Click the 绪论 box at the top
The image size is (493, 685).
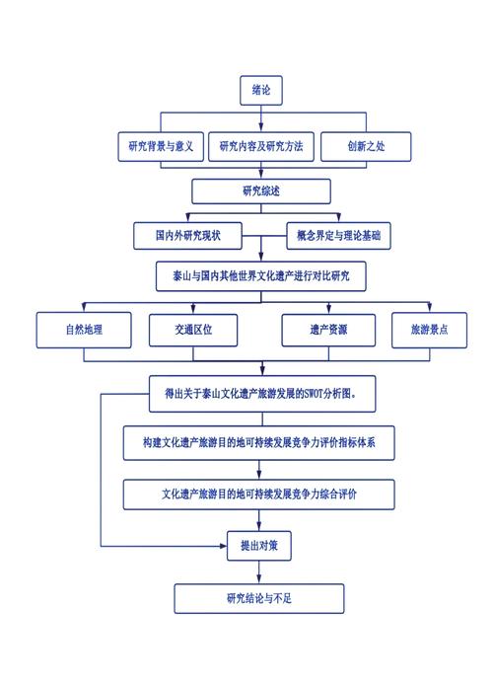pos(261,90)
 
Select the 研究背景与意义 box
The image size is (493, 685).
pos(159,147)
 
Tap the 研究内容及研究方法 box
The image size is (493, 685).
pos(261,147)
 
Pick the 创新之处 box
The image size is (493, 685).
pos(366,147)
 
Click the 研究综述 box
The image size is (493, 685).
pos(261,190)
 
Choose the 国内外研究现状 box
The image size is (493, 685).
pos(187,235)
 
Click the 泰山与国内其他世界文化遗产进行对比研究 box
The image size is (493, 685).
pos(261,276)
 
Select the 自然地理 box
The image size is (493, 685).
pos(84,331)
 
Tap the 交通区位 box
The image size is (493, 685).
pos(193,331)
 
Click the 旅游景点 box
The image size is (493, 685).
pos(429,331)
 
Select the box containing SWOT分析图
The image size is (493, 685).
pos(261,393)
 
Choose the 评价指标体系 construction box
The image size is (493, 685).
pos(261,443)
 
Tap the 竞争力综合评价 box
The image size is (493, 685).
pos(261,495)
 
